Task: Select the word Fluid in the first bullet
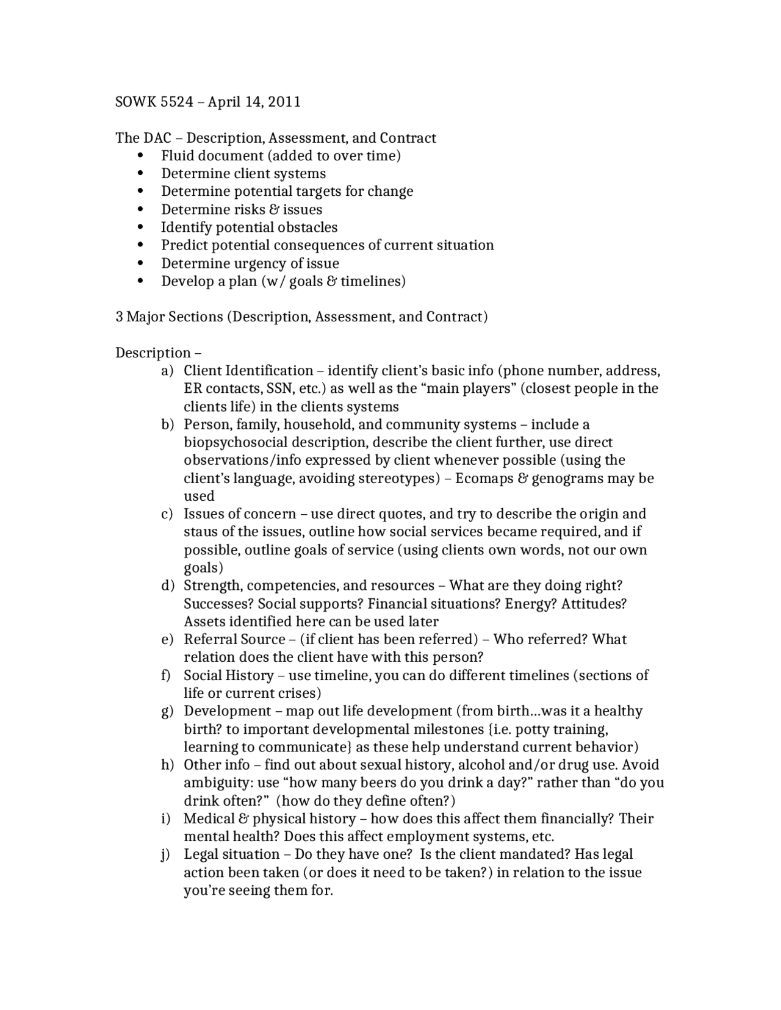(x=177, y=156)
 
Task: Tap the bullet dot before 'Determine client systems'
(x=142, y=174)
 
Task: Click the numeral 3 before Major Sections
(x=120, y=317)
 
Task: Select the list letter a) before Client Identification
(x=167, y=371)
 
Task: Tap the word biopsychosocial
(x=236, y=442)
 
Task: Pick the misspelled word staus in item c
(x=200, y=532)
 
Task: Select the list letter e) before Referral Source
(x=167, y=639)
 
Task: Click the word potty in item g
(x=534, y=729)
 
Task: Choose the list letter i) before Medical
(x=166, y=818)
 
